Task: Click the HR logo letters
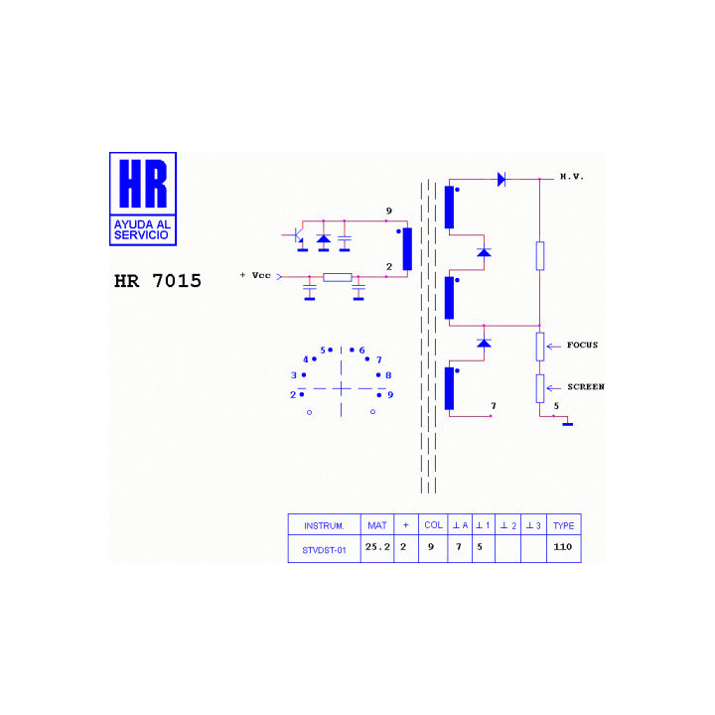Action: tap(143, 184)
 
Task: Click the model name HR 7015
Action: tap(157, 281)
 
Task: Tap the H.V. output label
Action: tap(572, 177)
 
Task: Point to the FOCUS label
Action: tap(582, 346)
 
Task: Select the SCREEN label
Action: tap(586, 386)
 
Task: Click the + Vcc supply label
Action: tap(255, 275)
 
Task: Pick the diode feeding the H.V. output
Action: tap(501, 179)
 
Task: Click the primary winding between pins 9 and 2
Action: tap(407, 249)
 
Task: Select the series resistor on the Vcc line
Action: tap(338, 277)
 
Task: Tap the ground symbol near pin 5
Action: tap(568, 424)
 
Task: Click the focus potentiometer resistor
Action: tap(540, 347)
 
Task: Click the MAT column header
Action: tap(377, 525)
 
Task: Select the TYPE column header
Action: tap(564, 525)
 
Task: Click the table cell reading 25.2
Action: tap(377, 547)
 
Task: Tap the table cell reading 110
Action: tap(563, 547)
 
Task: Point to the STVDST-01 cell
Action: tap(324, 550)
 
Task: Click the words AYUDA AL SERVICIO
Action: tap(142, 229)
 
